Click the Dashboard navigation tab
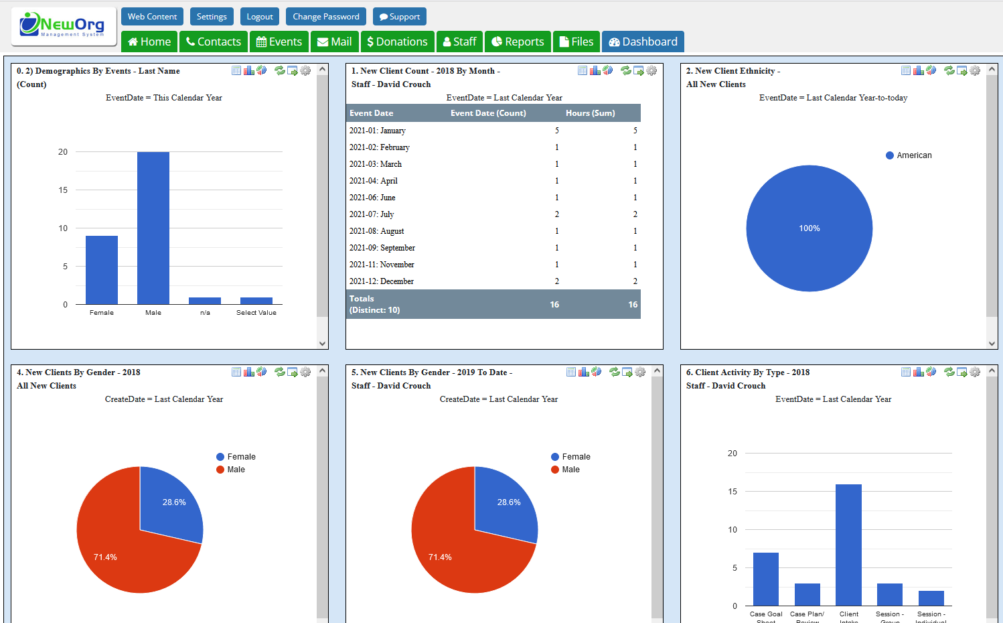(643, 42)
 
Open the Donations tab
(397, 42)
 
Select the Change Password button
(326, 17)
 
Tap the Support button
(400, 17)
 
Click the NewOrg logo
(63, 25)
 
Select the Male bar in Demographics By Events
(153, 228)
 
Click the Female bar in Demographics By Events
(102, 269)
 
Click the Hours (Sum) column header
(590, 113)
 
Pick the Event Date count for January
(556, 131)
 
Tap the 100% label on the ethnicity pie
(809, 228)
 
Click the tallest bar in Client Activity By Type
(848, 544)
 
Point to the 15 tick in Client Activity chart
(732, 492)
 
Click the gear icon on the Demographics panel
(305, 70)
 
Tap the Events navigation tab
(279, 42)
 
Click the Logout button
(260, 17)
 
